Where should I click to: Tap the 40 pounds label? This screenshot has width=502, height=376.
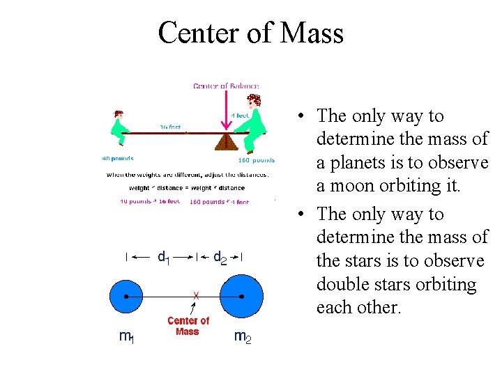[116, 159]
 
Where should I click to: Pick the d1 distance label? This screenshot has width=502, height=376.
[163, 258]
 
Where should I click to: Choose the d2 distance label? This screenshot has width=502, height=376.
[220, 258]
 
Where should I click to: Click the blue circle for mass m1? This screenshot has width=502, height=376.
[126, 296]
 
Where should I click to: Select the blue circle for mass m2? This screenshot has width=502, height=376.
[242, 296]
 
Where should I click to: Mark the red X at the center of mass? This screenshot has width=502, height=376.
[197, 296]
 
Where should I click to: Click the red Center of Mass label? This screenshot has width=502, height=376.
[188, 326]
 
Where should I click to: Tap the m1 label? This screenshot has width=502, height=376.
[126, 338]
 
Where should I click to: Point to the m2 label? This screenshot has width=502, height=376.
[242, 338]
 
